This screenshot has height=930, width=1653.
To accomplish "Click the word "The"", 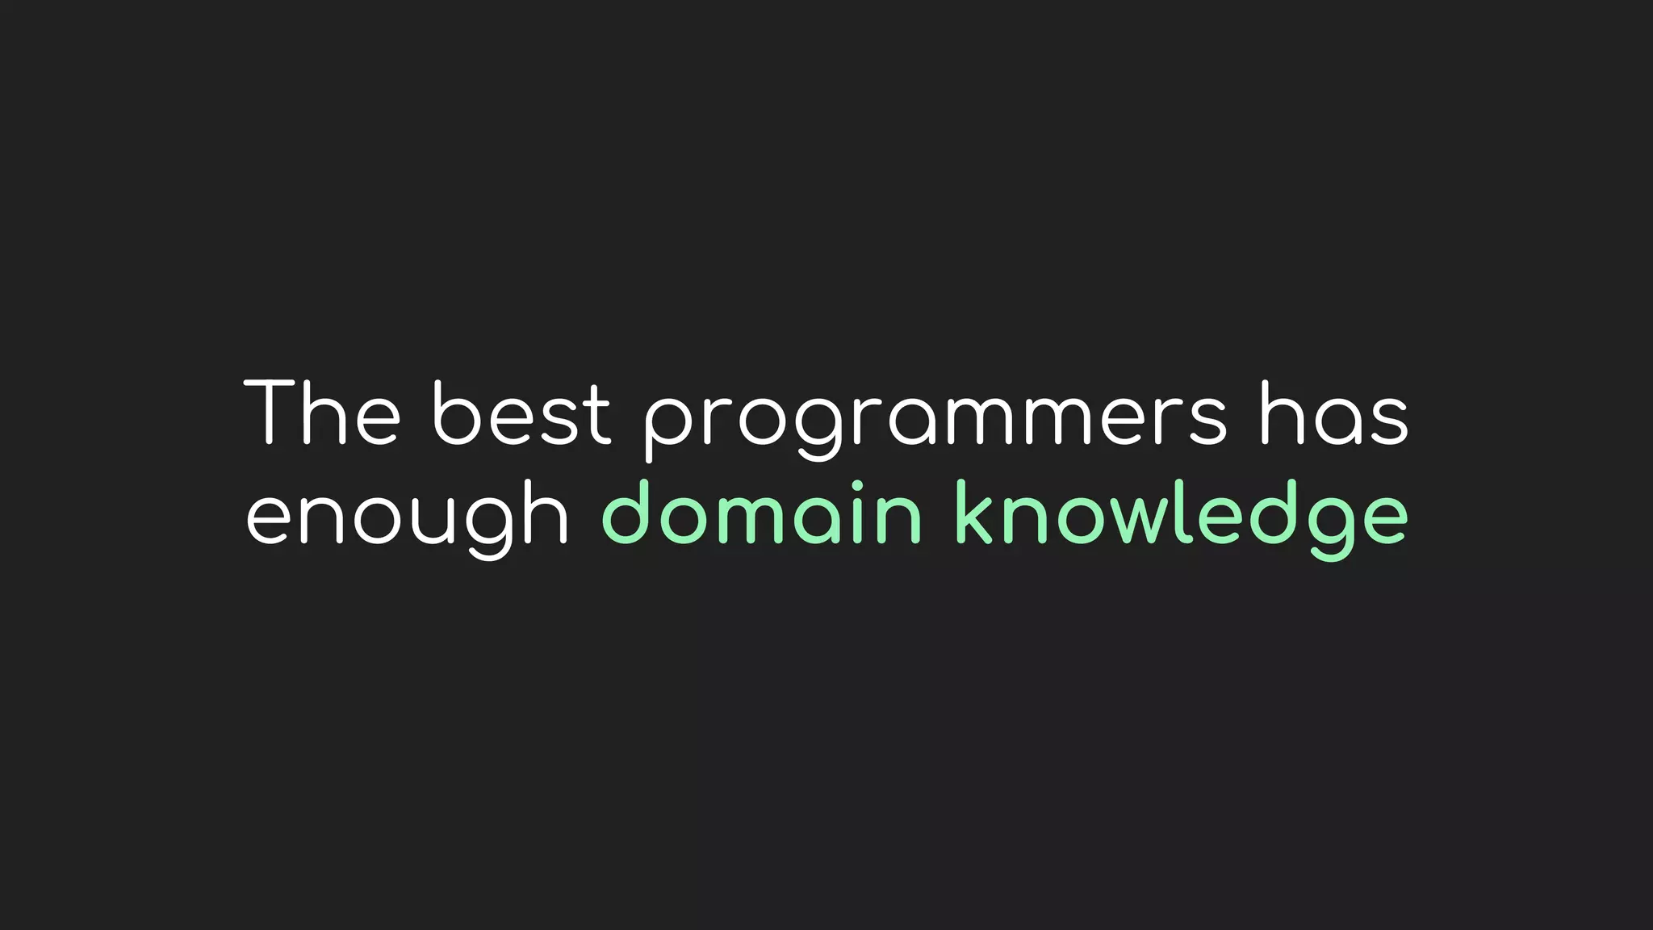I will pos(322,413).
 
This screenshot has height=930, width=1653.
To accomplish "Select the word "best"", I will pos(521,413).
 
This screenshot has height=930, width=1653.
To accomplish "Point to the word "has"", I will pos(1334,413).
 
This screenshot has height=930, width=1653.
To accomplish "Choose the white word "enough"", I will pos(408,517).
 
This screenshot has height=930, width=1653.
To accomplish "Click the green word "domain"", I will pos(762,513).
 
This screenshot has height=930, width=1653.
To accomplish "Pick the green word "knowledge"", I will pos(1182,517).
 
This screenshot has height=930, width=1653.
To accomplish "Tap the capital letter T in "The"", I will pos(272,413).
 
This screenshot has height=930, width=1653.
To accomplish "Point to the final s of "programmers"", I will pos(1207,421).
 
